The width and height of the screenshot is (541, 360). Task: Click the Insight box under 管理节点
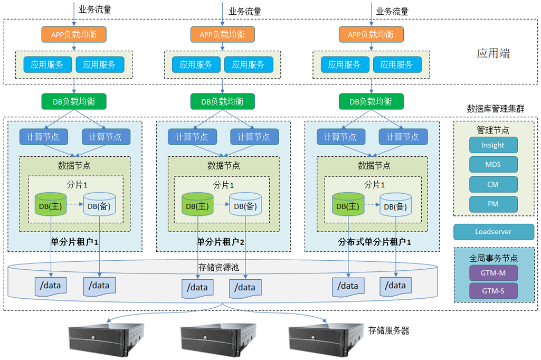pos(493,145)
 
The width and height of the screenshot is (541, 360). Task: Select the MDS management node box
pos(493,165)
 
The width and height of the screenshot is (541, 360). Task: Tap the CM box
pos(493,185)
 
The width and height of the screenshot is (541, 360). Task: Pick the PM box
pos(493,204)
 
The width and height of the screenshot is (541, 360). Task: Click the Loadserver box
pos(493,232)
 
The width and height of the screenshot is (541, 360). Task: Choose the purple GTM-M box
pos(493,273)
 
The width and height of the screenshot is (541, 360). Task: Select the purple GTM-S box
pos(493,290)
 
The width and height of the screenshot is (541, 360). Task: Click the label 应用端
pos(493,53)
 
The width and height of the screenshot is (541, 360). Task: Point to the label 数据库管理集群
pos(495,109)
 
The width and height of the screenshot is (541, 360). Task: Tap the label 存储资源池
pos(219,267)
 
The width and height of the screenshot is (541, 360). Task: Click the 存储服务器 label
pos(388,331)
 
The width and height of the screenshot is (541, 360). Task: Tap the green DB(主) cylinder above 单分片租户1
pos(51,205)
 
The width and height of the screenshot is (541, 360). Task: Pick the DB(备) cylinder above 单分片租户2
pos(245,205)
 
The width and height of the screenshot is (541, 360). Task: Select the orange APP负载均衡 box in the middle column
pos(222,34)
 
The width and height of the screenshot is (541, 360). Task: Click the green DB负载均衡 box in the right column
pos(371,101)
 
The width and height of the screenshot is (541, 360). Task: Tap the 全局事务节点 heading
pos(493,259)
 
